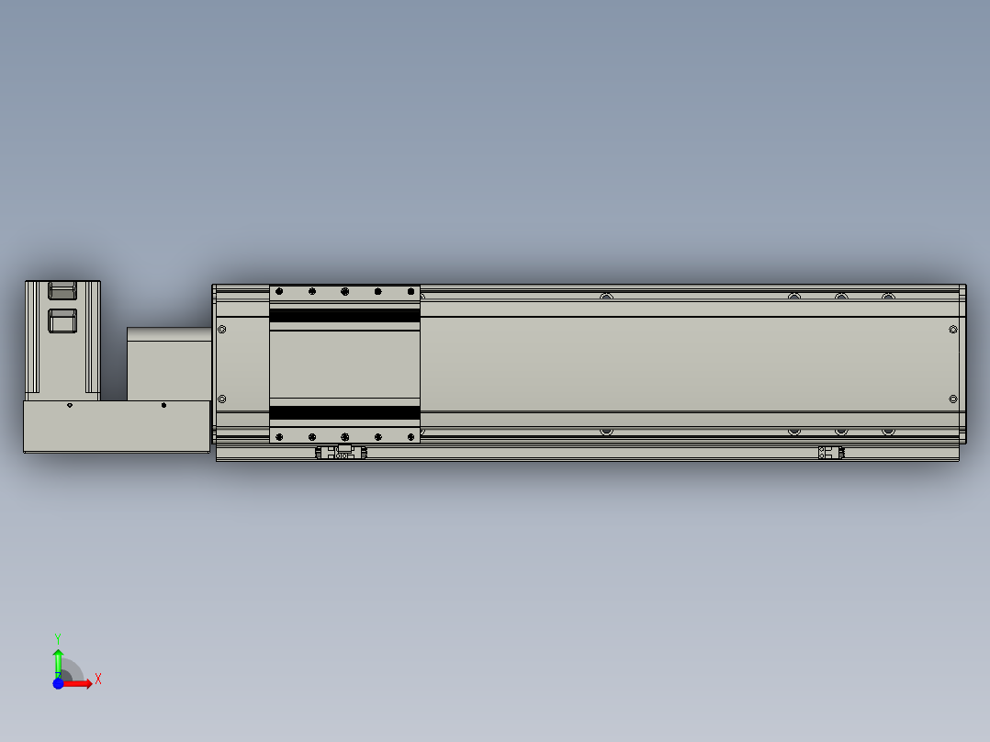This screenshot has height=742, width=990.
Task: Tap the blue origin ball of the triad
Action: (58, 683)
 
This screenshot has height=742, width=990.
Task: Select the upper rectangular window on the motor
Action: (62, 291)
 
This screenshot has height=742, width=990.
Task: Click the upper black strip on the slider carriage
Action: (344, 316)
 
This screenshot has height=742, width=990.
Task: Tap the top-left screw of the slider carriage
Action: (279, 292)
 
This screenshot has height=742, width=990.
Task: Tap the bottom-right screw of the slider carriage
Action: (410, 436)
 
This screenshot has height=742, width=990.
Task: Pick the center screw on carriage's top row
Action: (344, 292)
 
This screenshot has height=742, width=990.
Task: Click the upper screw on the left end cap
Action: (221, 329)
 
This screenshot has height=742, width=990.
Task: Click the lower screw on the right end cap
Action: (952, 399)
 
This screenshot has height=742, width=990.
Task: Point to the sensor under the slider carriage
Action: (341, 453)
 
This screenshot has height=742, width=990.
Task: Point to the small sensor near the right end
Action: (830, 453)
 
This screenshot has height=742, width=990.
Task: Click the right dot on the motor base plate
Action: (163, 405)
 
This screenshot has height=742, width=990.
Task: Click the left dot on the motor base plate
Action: (69, 405)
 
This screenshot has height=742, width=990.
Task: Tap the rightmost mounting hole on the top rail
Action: (887, 297)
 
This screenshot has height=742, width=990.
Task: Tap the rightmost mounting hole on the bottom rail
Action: (887, 431)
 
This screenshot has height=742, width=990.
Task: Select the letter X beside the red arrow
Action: (98, 680)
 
